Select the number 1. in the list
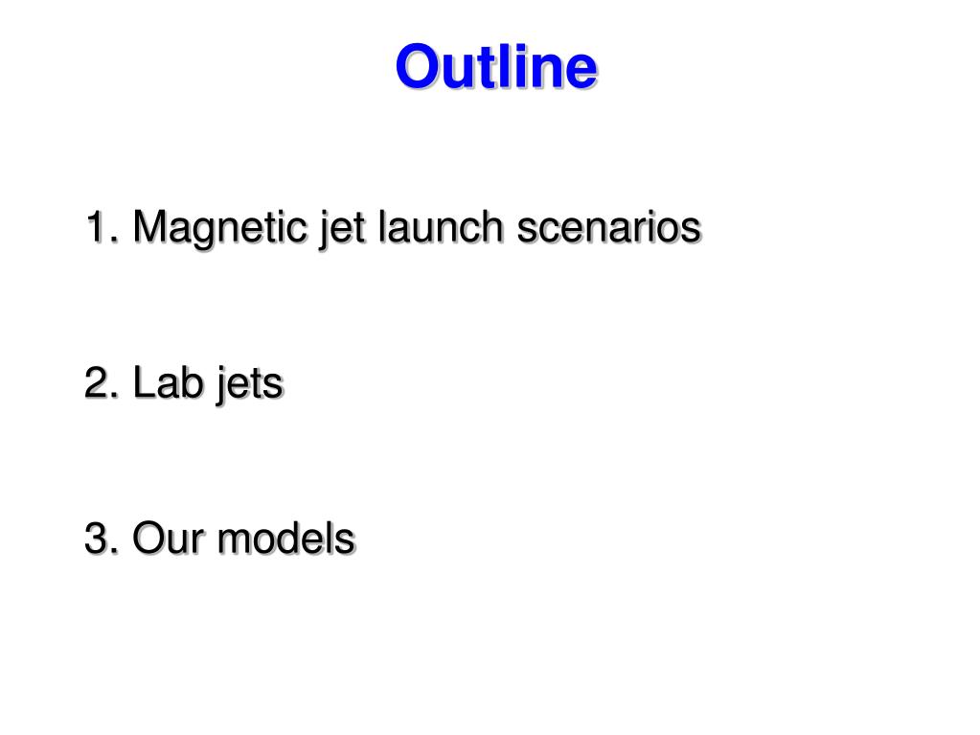101,228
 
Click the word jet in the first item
338,228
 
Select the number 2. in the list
101,383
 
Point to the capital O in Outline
417,68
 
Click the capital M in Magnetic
150,228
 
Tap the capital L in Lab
141,383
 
